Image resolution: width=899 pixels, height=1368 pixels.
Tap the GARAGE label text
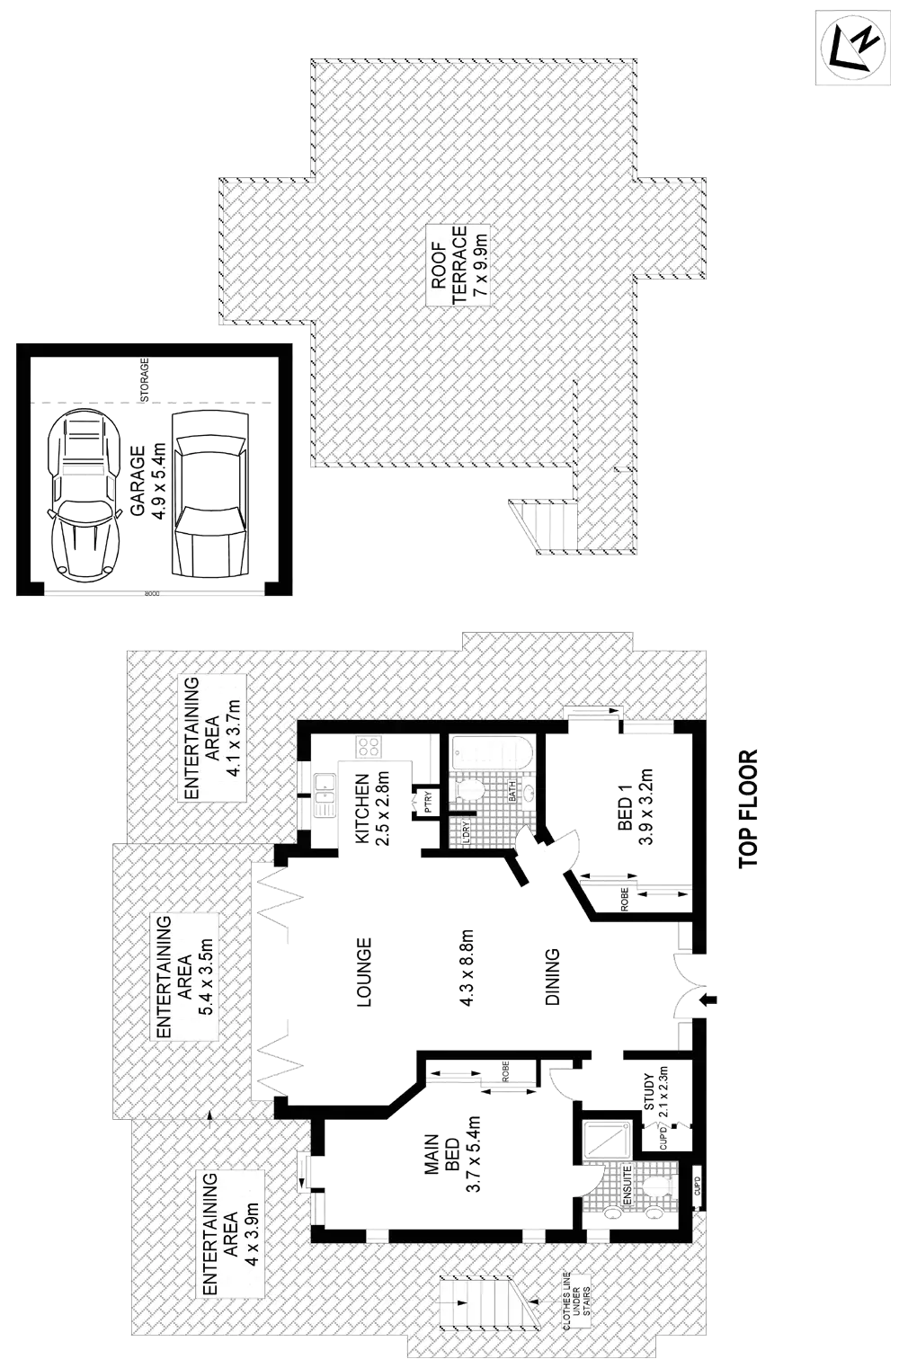[x=147, y=482]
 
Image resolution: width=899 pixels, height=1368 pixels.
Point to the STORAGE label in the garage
[x=144, y=380]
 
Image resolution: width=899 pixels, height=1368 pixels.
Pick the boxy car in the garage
[x=209, y=494]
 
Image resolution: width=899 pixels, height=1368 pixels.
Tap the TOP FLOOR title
[x=748, y=810]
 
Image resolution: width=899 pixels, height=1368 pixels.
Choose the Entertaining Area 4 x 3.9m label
[x=230, y=1232]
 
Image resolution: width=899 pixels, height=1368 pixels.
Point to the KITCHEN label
[x=370, y=808]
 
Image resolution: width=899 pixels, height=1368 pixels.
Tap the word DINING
[x=552, y=976]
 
